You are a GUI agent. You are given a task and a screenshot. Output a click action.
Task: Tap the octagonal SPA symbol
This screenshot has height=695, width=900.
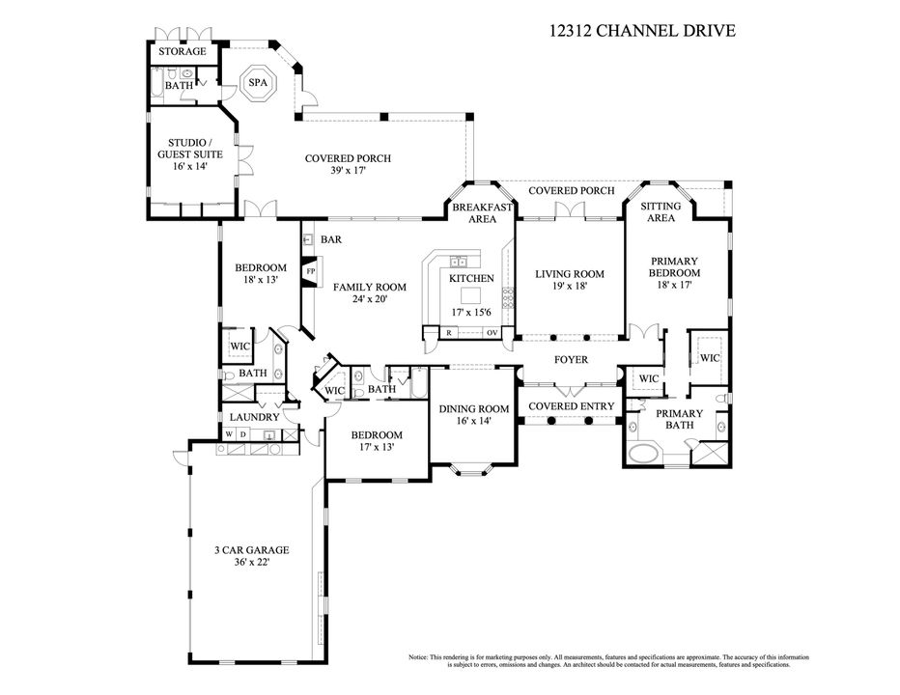257,83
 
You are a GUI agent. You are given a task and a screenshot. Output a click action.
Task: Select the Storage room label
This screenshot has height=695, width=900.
183,51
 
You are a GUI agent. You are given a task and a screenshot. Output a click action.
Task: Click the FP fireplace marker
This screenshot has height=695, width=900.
311,272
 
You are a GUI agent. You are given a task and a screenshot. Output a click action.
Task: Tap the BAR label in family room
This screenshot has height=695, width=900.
331,239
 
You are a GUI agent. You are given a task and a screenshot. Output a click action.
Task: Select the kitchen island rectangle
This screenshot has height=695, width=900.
471,294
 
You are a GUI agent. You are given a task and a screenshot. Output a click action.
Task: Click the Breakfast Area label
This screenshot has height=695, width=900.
474,212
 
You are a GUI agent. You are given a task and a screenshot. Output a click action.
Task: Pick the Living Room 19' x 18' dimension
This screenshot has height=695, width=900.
570,287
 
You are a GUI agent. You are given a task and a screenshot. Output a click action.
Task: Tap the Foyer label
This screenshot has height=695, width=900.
570,360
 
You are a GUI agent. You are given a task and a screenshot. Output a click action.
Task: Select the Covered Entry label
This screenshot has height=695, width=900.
570,406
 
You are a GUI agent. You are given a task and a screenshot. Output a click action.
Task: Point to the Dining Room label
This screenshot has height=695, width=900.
473,408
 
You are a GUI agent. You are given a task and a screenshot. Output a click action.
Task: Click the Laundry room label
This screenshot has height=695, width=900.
254,417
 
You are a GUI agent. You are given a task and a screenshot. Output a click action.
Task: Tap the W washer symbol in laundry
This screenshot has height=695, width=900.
229,435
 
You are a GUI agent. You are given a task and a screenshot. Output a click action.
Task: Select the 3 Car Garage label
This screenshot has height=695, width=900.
251,550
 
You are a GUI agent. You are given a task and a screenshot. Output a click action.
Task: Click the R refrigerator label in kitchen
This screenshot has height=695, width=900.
449,333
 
